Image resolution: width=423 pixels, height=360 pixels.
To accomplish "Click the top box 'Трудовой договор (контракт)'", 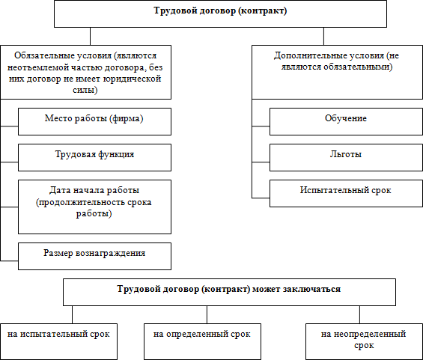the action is (x=220, y=13).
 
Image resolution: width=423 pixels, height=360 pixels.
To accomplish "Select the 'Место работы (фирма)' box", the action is (x=94, y=121).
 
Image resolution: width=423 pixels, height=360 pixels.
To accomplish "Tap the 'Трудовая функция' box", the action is (x=94, y=157).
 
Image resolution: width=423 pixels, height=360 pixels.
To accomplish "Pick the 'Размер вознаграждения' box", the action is (x=94, y=256).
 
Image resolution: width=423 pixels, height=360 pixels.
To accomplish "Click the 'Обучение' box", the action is (x=346, y=121).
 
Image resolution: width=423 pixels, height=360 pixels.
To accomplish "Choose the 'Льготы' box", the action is (x=346, y=157).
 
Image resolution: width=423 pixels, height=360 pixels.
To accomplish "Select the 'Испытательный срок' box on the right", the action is (x=346, y=193).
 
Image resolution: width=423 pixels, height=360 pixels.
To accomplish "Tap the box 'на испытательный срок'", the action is (x=58, y=341).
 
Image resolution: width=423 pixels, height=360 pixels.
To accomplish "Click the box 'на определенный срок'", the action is (x=202, y=341).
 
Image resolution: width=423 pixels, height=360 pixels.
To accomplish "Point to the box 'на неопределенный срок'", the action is (x=364, y=341).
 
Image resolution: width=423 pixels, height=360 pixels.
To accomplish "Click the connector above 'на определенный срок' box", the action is (x=207, y=314).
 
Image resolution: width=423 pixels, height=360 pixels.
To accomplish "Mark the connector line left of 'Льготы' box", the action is (x=261, y=162).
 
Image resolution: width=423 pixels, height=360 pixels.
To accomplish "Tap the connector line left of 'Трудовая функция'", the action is (x=9, y=162).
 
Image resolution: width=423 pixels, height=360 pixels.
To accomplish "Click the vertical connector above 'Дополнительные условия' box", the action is (x=323, y=36).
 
